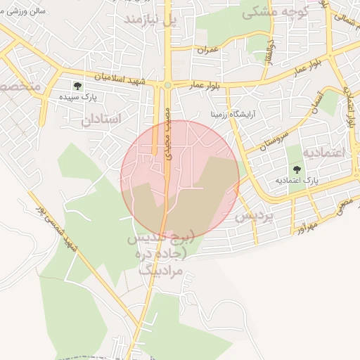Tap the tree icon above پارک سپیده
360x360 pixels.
click(77, 86)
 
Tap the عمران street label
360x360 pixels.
click(208, 49)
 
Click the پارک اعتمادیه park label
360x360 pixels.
click(296, 181)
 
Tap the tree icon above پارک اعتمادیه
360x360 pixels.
click(296, 169)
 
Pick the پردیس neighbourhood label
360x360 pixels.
click(253, 216)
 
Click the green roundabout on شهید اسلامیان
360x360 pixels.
click(167, 86)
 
